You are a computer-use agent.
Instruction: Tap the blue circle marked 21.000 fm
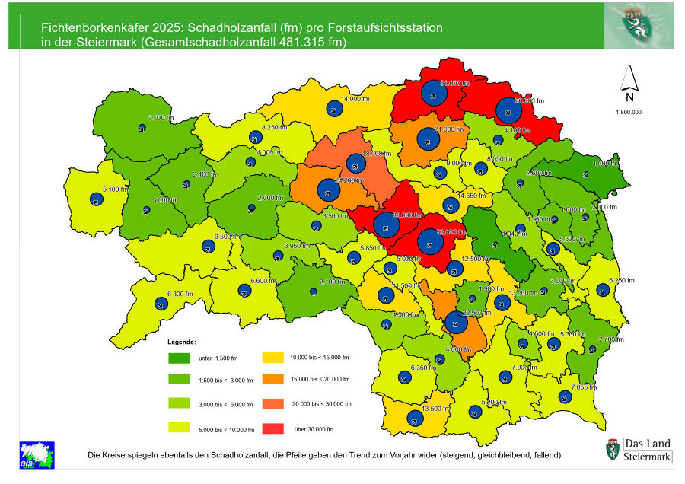click(429, 140)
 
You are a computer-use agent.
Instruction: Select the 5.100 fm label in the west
click(116, 189)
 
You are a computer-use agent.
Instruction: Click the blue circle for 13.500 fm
click(415, 419)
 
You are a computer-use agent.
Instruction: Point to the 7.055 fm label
click(583, 387)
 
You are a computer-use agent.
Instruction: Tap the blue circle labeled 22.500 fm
click(457, 322)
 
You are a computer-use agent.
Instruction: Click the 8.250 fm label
click(274, 128)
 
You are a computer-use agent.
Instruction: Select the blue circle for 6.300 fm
click(161, 304)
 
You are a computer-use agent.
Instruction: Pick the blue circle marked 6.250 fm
click(603, 290)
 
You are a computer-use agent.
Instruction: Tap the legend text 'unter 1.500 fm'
click(218, 358)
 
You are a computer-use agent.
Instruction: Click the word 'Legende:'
click(182, 342)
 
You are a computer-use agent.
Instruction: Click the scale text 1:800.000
click(628, 112)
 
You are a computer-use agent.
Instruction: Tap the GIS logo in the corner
click(32, 454)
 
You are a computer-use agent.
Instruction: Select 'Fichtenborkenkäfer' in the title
click(89, 27)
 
